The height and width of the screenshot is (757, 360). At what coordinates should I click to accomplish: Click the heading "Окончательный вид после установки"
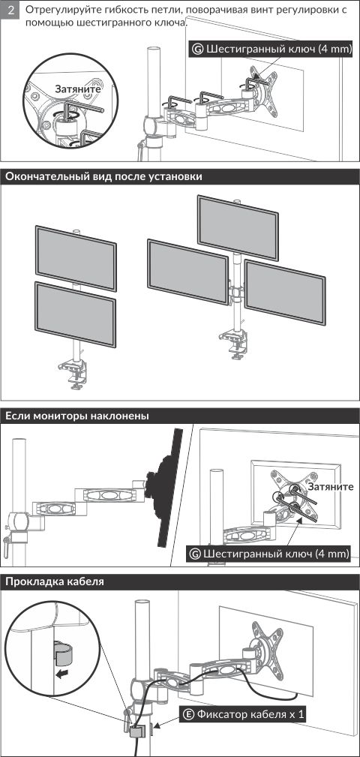click(x=103, y=177)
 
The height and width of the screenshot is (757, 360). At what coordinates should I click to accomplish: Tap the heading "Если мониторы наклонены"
click(x=76, y=416)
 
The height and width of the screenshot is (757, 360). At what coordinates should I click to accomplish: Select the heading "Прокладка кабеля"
click(x=55, y=581)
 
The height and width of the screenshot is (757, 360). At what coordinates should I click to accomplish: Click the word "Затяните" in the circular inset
click(x=78, y=89)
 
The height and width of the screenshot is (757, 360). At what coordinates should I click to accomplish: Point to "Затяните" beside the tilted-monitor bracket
click(x=331, y=487)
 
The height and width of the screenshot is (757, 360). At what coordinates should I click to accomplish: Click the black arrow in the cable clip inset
click(x=61, y=674)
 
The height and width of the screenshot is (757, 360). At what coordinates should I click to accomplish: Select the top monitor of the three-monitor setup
click(x=238, y=227)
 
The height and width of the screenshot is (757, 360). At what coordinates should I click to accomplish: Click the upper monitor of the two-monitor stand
click(x=76, y=258)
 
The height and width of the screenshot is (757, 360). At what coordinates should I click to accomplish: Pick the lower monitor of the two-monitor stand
click(x=75, y=314)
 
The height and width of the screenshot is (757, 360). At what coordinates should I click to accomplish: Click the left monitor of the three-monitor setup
click(x=187, y=272)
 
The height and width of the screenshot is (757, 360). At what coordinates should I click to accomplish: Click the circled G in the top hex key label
click(x=197, y=49)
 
